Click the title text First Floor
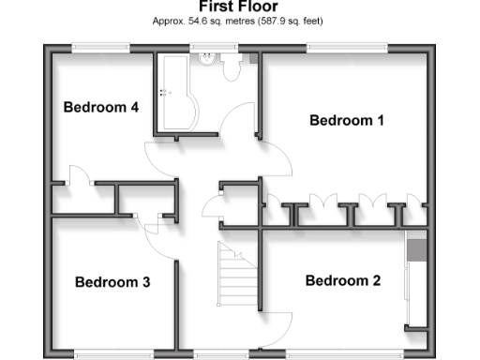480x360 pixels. tap(238, 6)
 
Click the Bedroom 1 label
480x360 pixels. tap(347, 121)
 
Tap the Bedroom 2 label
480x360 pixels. tap(343, 280)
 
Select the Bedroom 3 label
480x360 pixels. tap(112, 281)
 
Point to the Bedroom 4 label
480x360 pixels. tap(101, 107)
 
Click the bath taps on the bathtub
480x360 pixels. tap(165, 92)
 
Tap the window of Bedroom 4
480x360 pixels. tap(101, 45)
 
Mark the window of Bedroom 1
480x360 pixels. tap(347, 45)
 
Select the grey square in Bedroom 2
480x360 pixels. tap(416, 248)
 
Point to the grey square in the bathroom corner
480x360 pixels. tap(251, 57)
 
